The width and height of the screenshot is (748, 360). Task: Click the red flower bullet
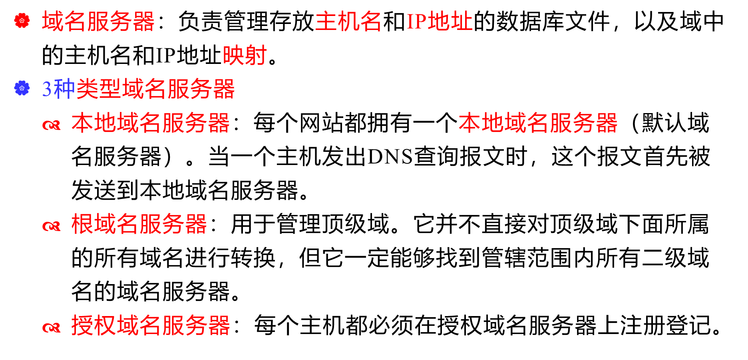pyautogui.click(x=22, y=21)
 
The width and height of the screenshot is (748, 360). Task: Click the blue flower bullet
pyautogui.click(x=22, y=88)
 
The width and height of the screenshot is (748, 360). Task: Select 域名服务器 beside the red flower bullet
pyautogui.click(x=98, y=22)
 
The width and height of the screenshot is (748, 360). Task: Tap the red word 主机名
pyautogui.click(x=348, y=22)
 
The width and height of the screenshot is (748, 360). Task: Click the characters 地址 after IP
pyautogui.click(x=450, y=22)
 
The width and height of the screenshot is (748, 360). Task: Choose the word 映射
pyautogui.click(x=245, y=56)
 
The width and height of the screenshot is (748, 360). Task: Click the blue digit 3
pyautogui.click(x=47, y=89)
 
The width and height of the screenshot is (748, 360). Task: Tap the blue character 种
pyautogui.click(x=64, y=89)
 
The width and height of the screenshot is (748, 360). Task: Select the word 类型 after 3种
pyautogui.click(x=99, y=89)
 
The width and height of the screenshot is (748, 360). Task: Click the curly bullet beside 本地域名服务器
pyautogui.click(x=52, y=125)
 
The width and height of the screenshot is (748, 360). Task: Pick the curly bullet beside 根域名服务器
pyautogui.click(x=52, y=227)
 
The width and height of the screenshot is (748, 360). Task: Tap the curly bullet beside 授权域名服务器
pyautogui.click(x=52, y=328)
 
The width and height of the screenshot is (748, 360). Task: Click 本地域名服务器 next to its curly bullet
pyautogui.click(x=150, y=123)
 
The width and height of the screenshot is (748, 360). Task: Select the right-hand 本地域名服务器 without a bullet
pyautogui.click(x=538, y=123)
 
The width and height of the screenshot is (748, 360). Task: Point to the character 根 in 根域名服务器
pyautogui.click(x=82, y=224)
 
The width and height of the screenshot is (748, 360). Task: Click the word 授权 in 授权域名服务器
pyautogui.click(x=93, y=325)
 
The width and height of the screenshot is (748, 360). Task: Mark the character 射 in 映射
pyautogui.click(x=256, y=56)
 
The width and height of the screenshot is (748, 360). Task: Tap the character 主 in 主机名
pyautogui.click(x=326, y=22)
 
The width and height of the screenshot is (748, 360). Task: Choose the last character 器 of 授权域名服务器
pyautogui.click(x=219, y=325)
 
